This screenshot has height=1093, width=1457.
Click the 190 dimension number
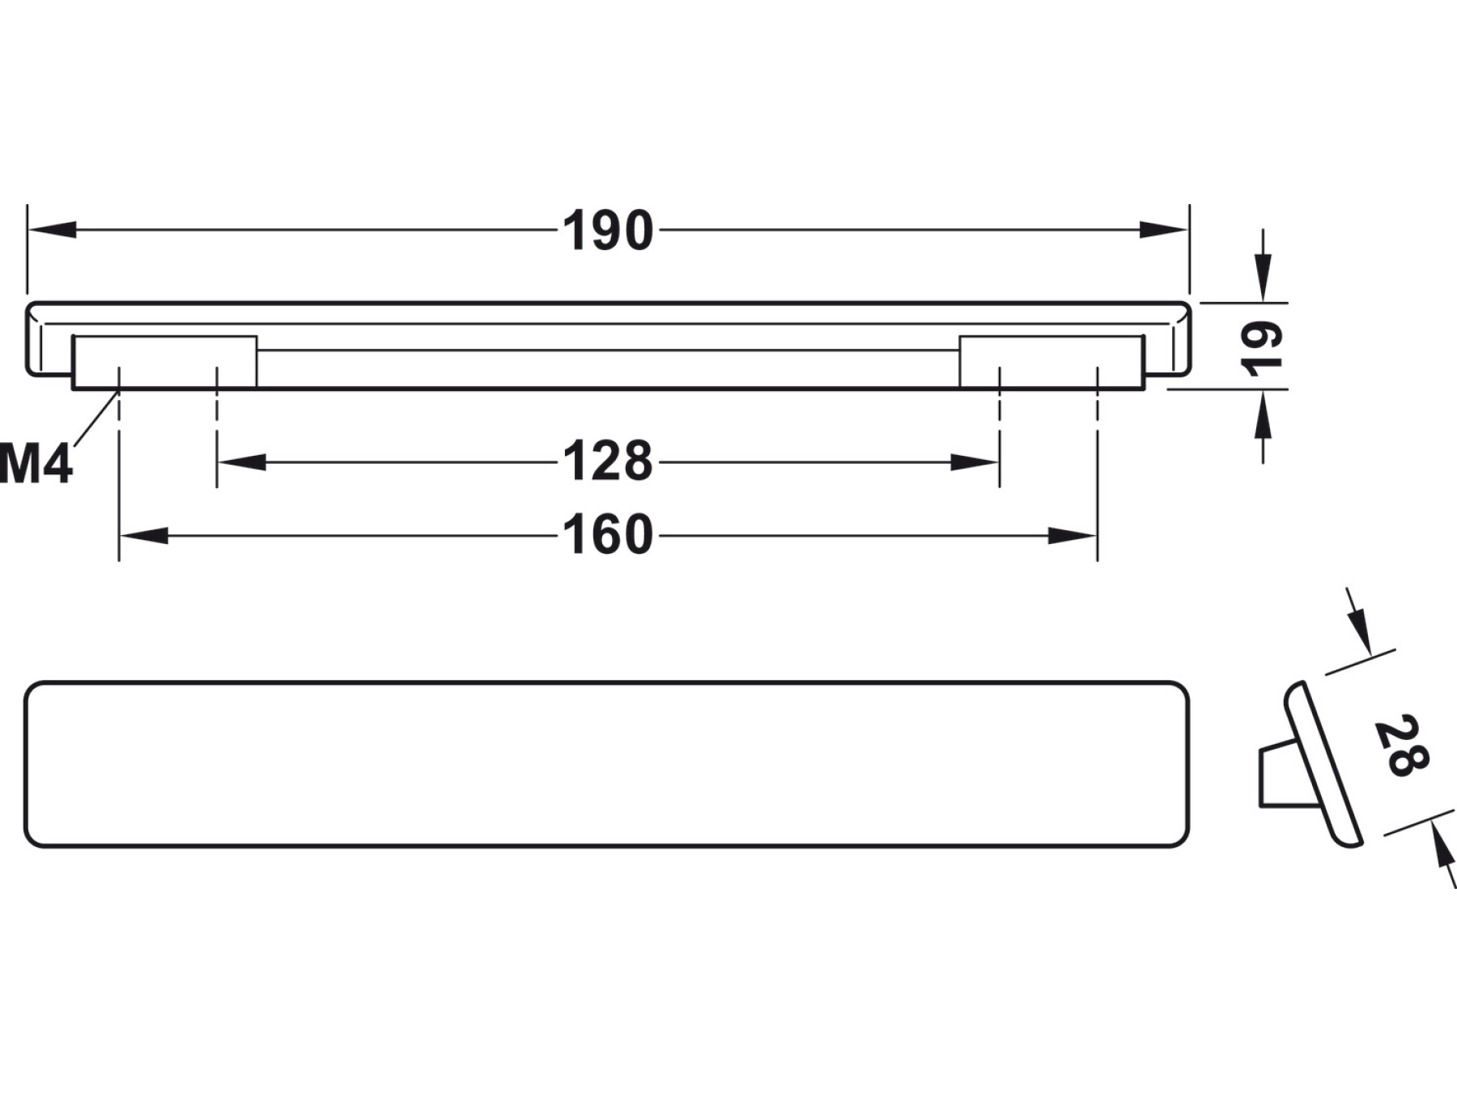coord(608,231)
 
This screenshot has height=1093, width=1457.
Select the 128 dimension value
coord(608,461)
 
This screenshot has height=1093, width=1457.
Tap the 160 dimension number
coord(608,535)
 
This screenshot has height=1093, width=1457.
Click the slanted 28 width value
coord(1401,746)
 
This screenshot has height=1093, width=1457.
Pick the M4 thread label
coord(36,466)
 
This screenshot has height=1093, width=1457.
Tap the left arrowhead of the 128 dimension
coord(242,462)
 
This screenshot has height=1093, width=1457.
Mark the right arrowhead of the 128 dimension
coord(975,462)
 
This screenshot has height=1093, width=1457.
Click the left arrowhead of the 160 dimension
coord(144,536)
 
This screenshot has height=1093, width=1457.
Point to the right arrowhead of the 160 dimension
coord(1073,536)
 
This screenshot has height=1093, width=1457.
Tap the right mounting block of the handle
coord(1051,362)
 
